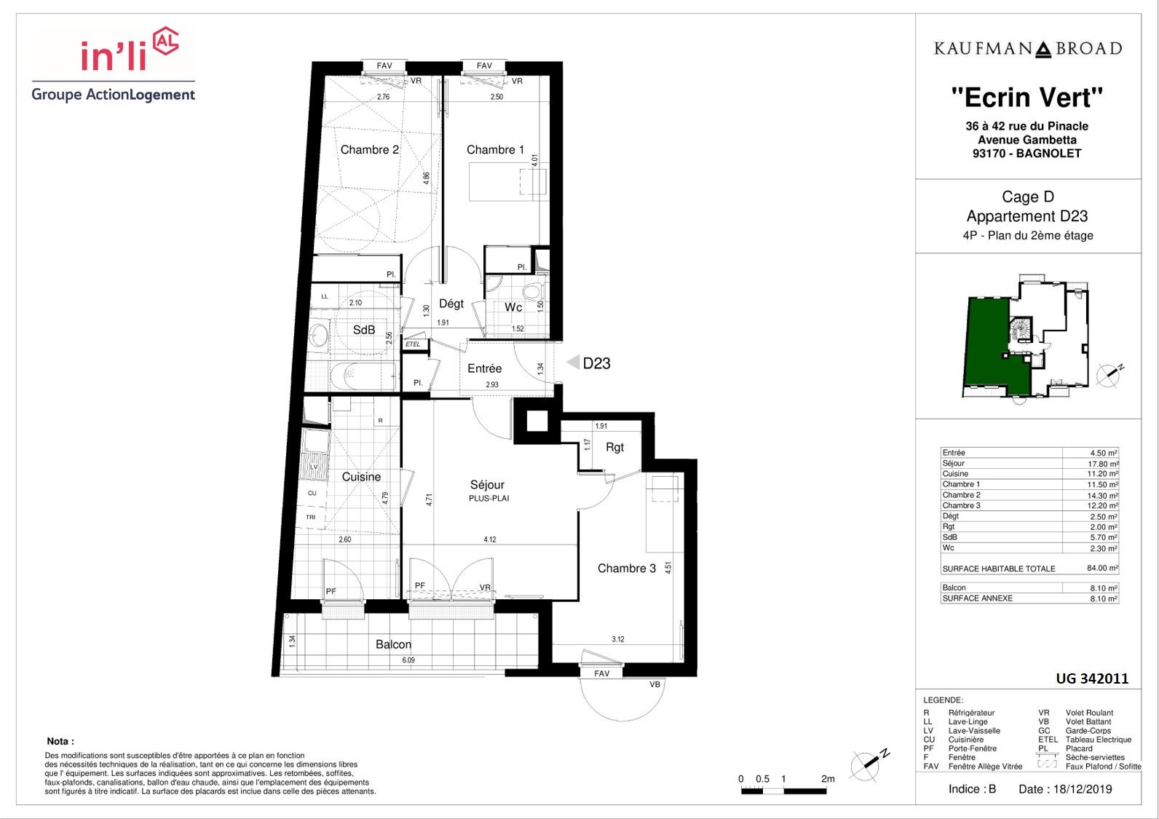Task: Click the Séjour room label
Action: click(x=487, y=485)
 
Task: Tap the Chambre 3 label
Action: click(x=627, y=568)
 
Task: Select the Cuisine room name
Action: click(x=361, y=477)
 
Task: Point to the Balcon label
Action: click(x=393, y=644)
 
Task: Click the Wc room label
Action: click(x=513, y=307)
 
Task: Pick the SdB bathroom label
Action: click(x=364, y=330)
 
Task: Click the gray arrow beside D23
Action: click(x=573, y=362)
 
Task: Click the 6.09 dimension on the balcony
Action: click(x=408, y=660)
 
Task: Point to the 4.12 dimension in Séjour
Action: click(x=489, y=539)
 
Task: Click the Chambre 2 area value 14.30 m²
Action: click(x=1103, y=495)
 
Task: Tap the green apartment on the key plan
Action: click(x=988, y=344)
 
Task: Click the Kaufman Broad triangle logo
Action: click(x=1043, y=50)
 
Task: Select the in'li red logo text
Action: click(x=114, y=55)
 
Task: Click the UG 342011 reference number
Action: click(x=1092, y=678)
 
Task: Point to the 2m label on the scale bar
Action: click(x=828, y=779)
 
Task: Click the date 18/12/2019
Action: click(x=1083, y=789)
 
